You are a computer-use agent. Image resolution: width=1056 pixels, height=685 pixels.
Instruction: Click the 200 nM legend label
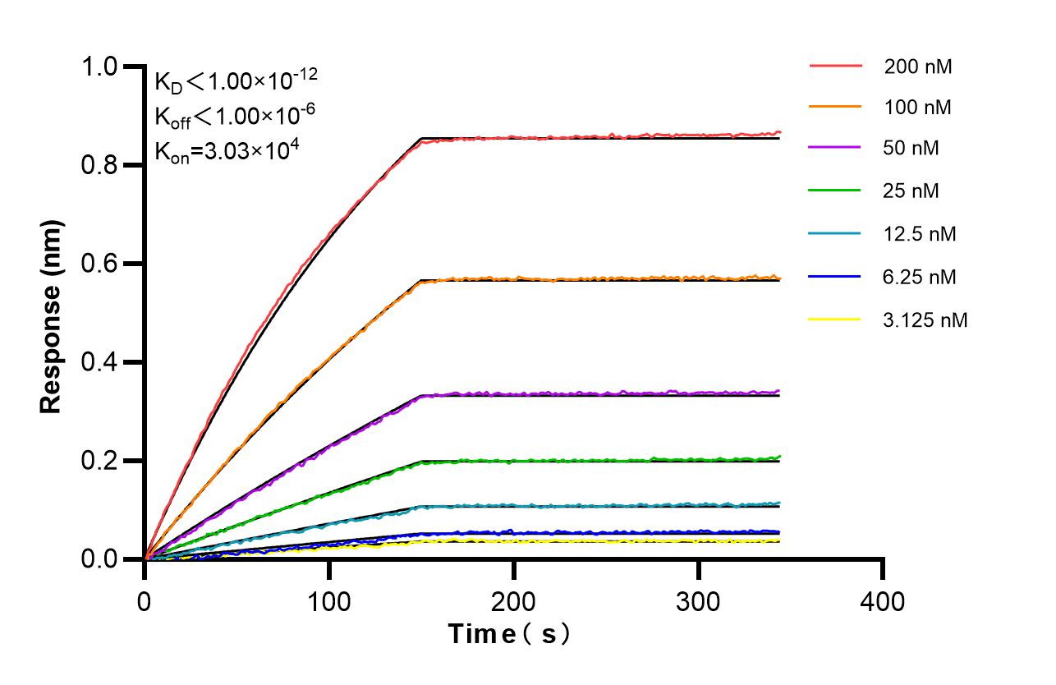point(918,67)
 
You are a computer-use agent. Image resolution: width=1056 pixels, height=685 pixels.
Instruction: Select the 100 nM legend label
point(918,107)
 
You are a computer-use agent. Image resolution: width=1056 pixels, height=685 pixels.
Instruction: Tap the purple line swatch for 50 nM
point(835,149)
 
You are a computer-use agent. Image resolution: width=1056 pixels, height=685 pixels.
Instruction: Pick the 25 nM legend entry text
point(911,191)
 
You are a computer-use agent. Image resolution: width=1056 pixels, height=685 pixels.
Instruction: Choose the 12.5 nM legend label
point(920,234)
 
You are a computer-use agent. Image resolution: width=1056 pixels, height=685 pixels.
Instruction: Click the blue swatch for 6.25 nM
point(835,277)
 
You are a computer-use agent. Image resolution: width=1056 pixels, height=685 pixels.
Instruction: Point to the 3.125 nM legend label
point(925,320)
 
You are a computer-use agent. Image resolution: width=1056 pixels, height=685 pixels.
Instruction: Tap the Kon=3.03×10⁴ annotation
point(221,151)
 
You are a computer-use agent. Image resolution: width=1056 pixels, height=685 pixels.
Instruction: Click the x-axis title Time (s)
point(508,634)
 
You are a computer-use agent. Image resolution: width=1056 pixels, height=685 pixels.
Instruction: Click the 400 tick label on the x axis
point(883,601)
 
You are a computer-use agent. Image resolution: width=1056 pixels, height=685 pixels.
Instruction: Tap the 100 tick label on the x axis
point(328,601)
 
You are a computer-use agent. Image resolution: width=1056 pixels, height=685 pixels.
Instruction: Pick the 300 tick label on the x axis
point(698,601)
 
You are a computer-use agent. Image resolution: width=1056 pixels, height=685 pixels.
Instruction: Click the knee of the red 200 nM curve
point(421,140)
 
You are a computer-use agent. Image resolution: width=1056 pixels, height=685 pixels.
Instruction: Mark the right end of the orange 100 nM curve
point(778,278)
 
